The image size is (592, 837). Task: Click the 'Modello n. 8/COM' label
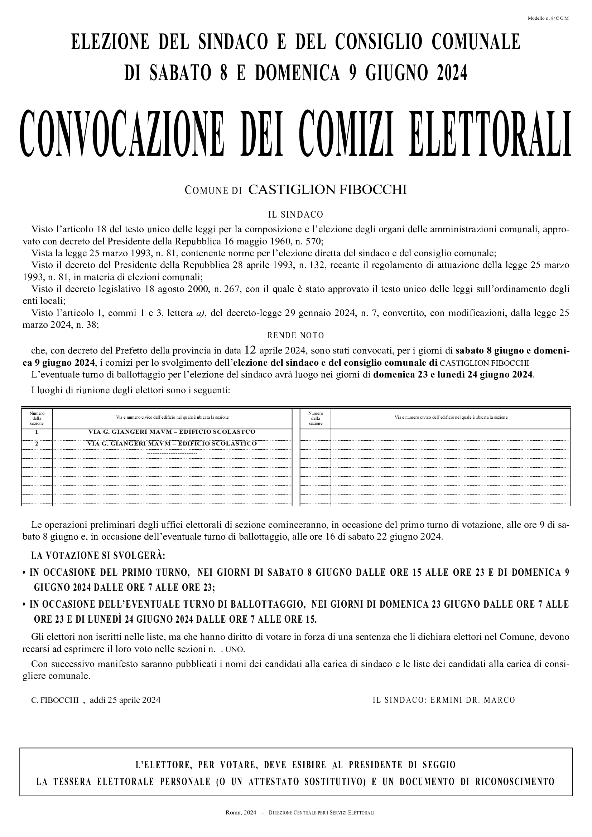click(548, 18)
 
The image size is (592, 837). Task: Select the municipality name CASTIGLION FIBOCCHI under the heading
click(327, 190)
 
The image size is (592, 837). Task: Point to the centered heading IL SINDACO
click(295, 215)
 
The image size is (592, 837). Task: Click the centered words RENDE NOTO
click(295, 335)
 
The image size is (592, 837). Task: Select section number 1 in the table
click(37, 432)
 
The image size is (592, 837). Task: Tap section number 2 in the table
click(37, 444)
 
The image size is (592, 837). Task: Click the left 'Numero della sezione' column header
click(37, 418)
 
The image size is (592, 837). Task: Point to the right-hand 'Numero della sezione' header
click(316, 418)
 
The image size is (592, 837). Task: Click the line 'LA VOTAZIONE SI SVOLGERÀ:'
click(98, 556)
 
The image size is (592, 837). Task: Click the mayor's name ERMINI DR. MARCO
click(473, 700)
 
